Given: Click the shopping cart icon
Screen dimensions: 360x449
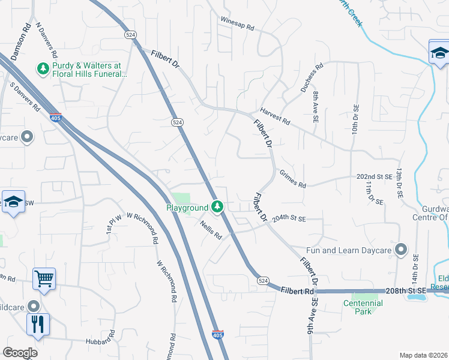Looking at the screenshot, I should point(44,278).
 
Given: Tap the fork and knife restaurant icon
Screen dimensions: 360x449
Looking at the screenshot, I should point(38,324).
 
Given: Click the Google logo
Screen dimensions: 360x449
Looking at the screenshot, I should point(20,353).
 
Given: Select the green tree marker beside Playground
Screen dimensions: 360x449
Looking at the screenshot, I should point(218,208).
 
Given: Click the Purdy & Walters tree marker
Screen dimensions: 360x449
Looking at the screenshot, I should point(43,70).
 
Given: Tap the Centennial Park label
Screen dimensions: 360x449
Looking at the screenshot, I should point(363,303).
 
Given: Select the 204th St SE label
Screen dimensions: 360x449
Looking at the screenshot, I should point(289,220).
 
